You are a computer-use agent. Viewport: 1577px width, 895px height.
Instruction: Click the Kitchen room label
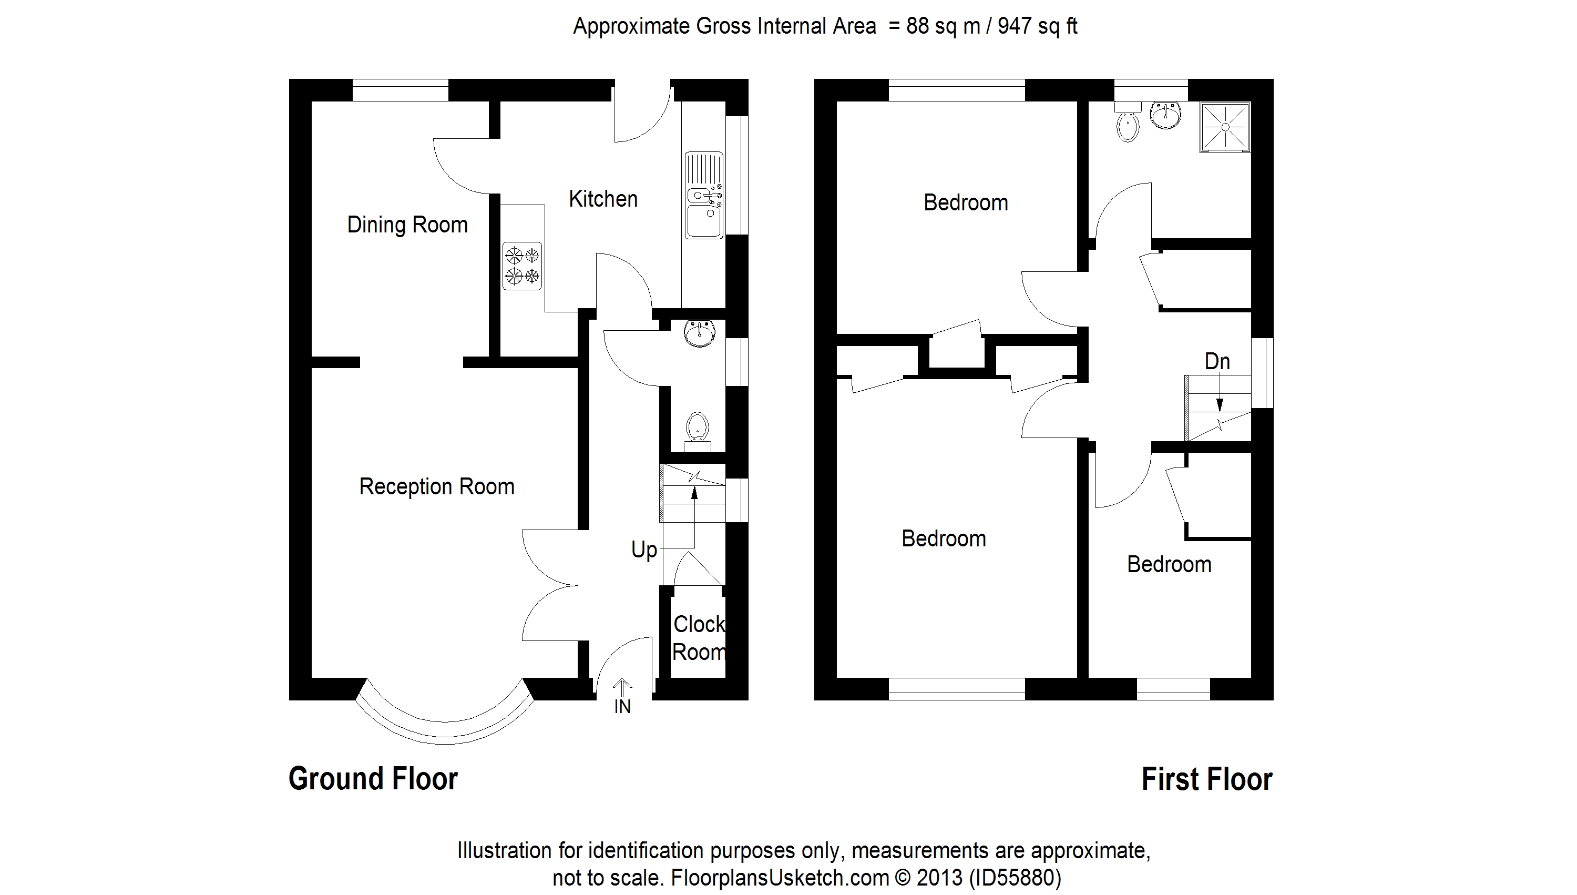[x=602, y=199]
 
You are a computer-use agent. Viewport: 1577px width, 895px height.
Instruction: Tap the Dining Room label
[x=407, y=225]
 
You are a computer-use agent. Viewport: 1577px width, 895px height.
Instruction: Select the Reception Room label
[x=436, y=487]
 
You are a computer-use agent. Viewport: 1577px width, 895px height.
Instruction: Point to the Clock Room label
[x=699, y=638]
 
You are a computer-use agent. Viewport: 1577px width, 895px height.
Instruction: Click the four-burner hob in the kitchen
[x=522, y=266]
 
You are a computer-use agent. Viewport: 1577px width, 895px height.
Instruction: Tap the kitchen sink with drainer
[x=704, y=196]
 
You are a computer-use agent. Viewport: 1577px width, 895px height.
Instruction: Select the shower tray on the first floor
[x=1225, y=127]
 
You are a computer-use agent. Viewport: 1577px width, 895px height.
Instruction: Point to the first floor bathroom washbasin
[x=1165, y=116]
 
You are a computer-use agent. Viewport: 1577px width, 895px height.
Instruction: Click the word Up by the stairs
[x=644, y=550]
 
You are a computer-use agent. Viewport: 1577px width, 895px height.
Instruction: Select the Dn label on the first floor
[x=1217, y=361]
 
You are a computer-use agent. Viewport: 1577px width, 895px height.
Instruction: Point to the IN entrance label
[x=622, y=707]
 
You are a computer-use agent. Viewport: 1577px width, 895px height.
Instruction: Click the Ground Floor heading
[x=373, y=779]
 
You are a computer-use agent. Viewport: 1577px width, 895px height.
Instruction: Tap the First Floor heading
[x=1206, y=779]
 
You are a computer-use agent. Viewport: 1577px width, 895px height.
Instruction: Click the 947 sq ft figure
[x=1037, y=26]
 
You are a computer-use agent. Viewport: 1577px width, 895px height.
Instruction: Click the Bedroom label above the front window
[x=944, y=539]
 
